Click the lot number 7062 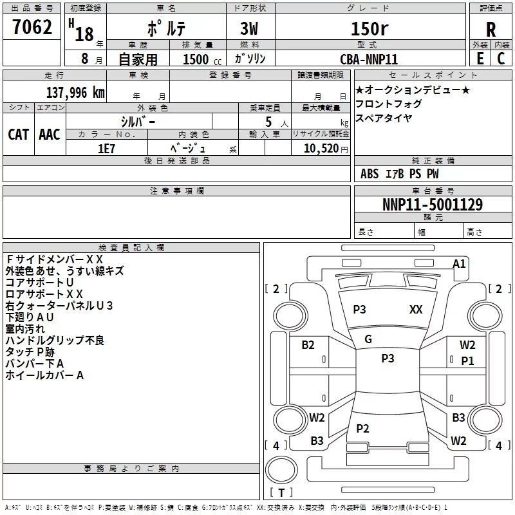(x=32, y=29)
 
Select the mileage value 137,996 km (x=75, y=93)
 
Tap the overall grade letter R (x=491, y=30)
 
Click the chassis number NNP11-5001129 (x=433, y=205)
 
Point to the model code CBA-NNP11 (x=369, y=59)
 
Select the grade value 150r (x=369, y=29)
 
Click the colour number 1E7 (x=106, y=147)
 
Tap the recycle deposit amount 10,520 (x=317, y=148)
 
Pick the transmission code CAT (x=18, y=134)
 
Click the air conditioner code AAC (x=50, y=134)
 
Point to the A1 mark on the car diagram (x=459, y=263)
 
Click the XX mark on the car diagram (x=416, y=310)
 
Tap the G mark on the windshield (x=368, y=339)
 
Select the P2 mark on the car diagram (x=362, y=429)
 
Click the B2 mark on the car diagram (x=308, y=345)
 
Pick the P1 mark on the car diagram (x=467, y=361)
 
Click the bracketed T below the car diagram (x=281, y=493)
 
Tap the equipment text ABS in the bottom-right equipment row (x=370, y=174)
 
